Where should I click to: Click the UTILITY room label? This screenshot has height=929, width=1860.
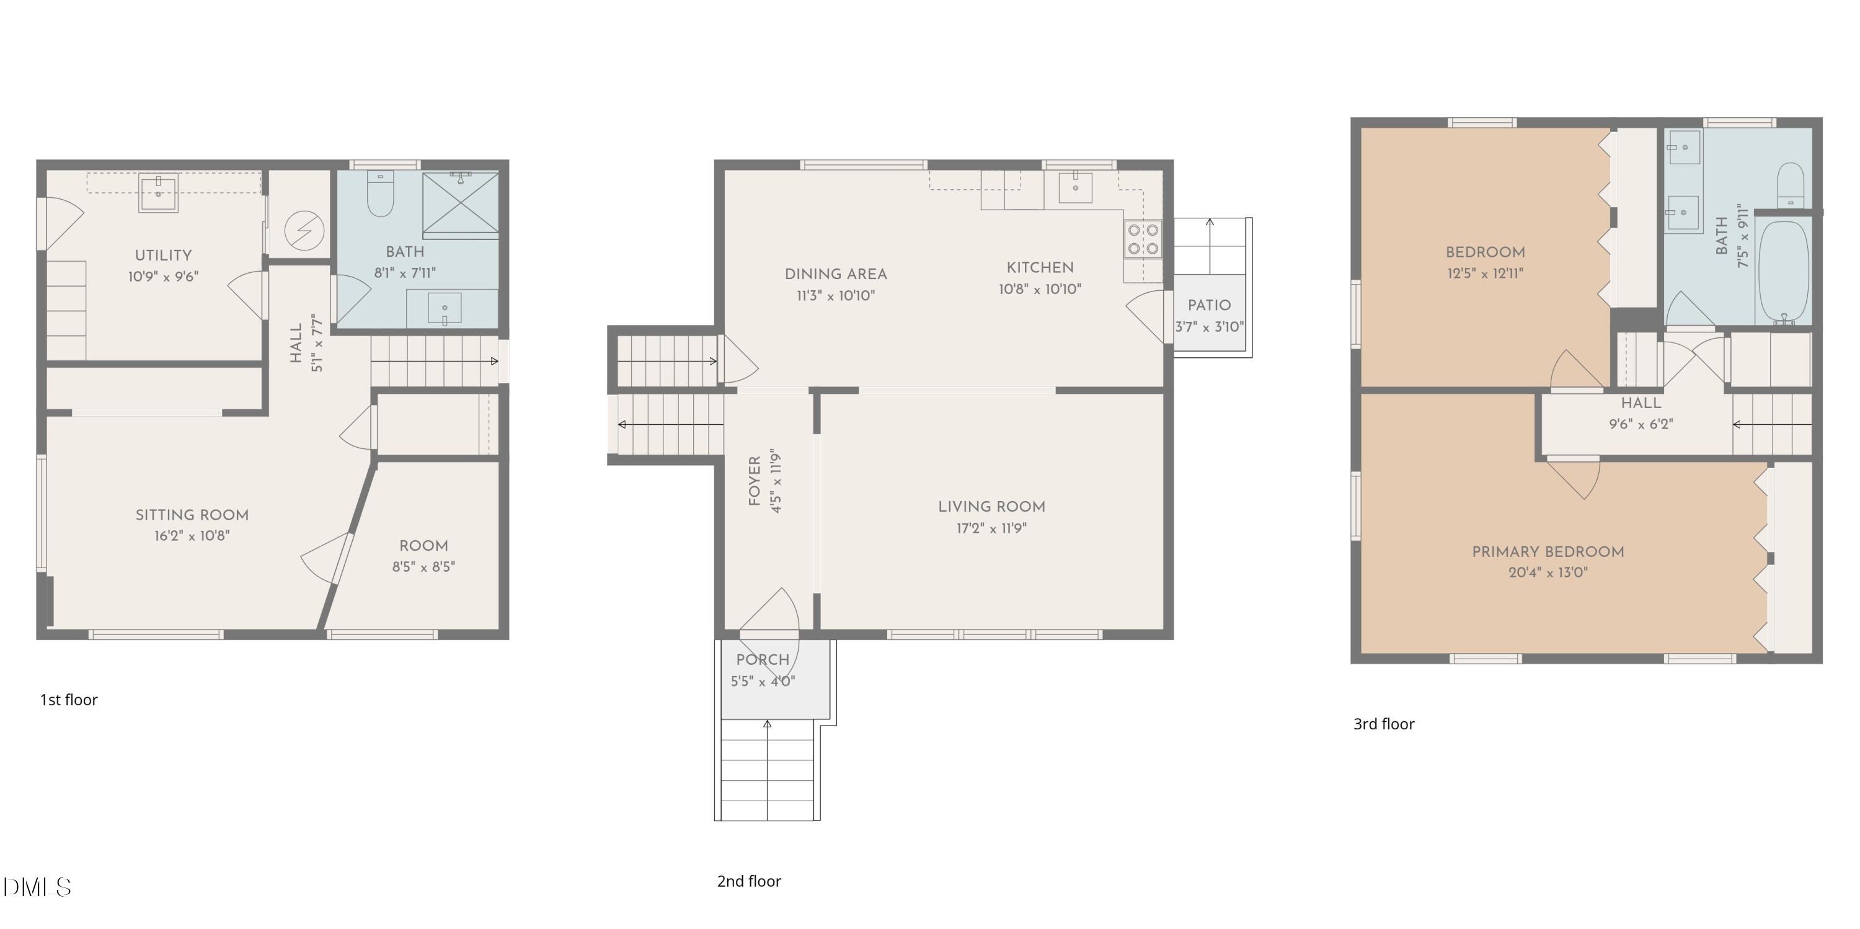tap(163, 255)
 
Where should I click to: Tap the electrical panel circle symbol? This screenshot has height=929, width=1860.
tap(304, 231)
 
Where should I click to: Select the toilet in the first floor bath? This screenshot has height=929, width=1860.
tap(381, 193)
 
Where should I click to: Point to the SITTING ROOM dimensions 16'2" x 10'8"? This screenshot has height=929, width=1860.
tap(192, 535)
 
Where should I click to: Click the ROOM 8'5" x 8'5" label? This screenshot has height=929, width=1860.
tap(424, 556)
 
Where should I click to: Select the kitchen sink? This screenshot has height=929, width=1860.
tap(1075, 187)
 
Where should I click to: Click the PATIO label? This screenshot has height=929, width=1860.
tap(1210, 306)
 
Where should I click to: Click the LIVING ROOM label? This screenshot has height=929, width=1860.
tap(992, 507)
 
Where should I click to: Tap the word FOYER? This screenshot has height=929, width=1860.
tap(755, 481)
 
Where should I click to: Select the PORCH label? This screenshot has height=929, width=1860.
tap(763, 660)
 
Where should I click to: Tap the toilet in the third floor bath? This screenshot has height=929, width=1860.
tap(1791, 185)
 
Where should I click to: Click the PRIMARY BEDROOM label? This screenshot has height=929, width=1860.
tap(1548, 552)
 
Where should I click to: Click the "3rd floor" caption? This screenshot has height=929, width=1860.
tap(1383, 724)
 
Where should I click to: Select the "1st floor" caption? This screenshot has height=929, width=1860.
tap(69, 700)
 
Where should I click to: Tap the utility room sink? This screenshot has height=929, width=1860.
tap(158, 193)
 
